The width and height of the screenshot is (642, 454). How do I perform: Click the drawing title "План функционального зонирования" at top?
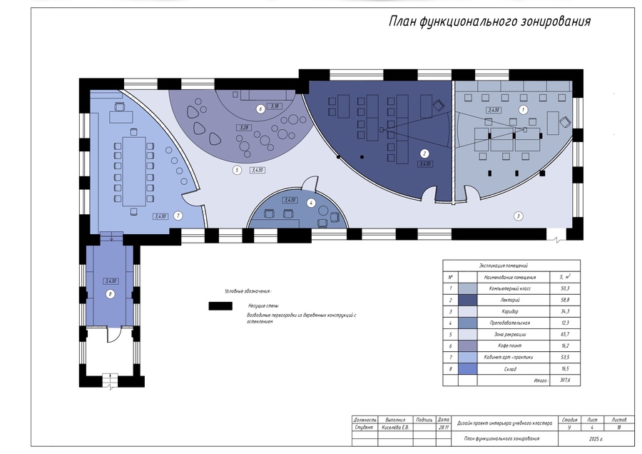[489, 21]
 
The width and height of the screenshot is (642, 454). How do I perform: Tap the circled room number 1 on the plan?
[523, 110]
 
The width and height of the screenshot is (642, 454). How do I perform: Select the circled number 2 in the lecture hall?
[424, 153]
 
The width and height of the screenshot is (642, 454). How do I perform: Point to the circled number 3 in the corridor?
[519, 215]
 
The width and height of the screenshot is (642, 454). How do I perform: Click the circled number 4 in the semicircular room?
[311, 203]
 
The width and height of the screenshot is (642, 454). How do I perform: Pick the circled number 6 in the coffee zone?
[260, 109]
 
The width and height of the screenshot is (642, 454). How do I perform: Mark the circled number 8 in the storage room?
[110, 293]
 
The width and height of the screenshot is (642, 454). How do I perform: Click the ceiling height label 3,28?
[244, 128]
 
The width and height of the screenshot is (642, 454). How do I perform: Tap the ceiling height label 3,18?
[275, 106]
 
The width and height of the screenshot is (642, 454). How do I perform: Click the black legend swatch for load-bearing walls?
[220, 306]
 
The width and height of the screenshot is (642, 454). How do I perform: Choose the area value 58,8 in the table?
[564, 300]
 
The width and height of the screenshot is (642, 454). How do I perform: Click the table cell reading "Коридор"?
[506, 311]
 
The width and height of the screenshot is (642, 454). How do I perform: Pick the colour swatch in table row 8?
[468, 369]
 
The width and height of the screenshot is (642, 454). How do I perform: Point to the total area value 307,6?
[564, 380]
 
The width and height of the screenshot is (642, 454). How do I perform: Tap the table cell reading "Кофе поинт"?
[506, 345]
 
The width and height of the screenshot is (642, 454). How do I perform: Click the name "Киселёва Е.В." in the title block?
[396, 428]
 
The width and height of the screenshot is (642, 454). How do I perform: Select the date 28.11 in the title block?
[444, 428]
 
